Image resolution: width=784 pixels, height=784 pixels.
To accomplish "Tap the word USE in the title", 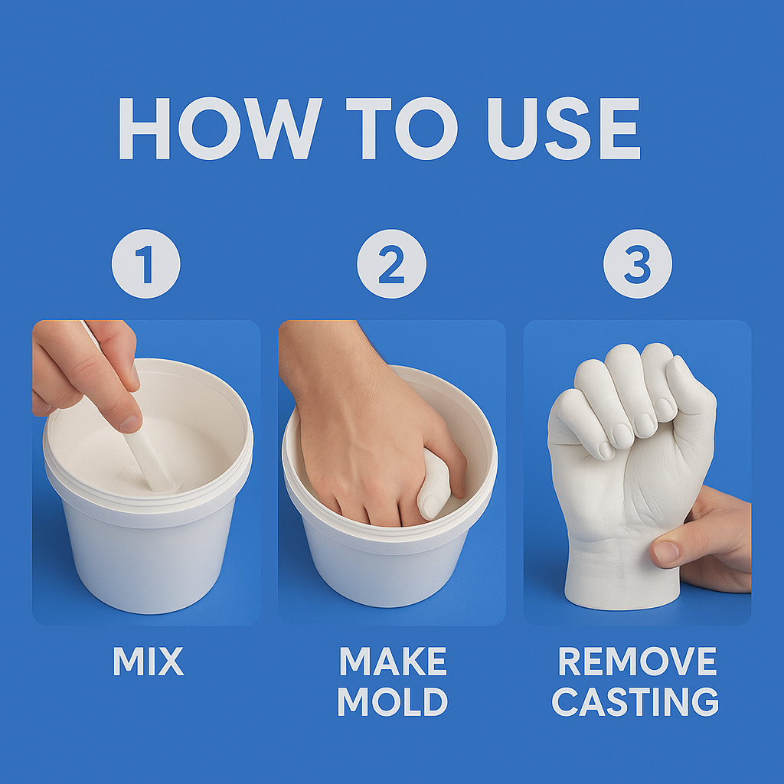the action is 563,129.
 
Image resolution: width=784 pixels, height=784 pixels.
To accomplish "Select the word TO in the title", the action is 401,129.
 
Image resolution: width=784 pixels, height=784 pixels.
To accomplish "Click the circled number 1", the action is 146,263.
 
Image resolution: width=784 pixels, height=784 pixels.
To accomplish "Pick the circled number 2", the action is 391,263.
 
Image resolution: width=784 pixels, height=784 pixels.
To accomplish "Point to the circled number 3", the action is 638,263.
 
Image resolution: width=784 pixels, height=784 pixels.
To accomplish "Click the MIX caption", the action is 149,661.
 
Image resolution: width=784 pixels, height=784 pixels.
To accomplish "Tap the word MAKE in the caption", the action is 393,661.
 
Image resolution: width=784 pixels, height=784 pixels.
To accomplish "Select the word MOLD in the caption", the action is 393,701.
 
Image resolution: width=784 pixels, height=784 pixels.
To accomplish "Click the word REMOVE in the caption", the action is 637,661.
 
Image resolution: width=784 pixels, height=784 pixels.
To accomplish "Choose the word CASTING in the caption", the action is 635,701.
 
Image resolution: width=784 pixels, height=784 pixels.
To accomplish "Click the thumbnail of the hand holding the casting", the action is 665,552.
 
